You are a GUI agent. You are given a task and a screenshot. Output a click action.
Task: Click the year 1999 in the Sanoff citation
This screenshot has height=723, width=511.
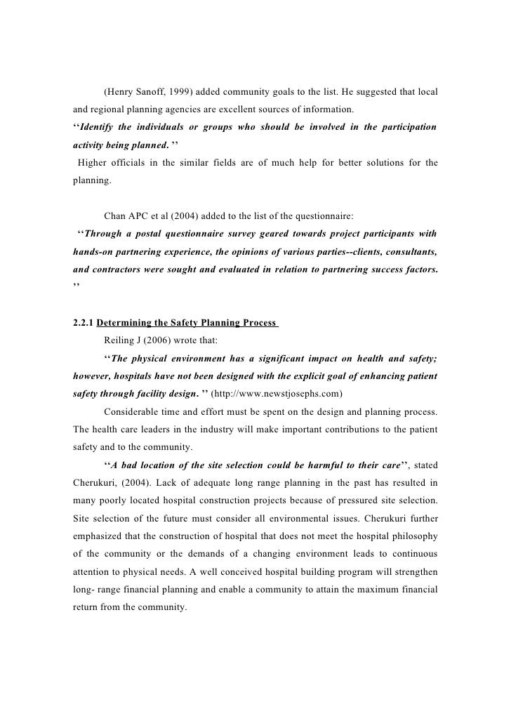[182, 93]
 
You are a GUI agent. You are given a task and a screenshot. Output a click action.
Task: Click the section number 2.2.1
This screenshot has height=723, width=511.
[84, 323]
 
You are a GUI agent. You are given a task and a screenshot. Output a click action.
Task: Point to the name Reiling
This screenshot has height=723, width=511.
[119, 340]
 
